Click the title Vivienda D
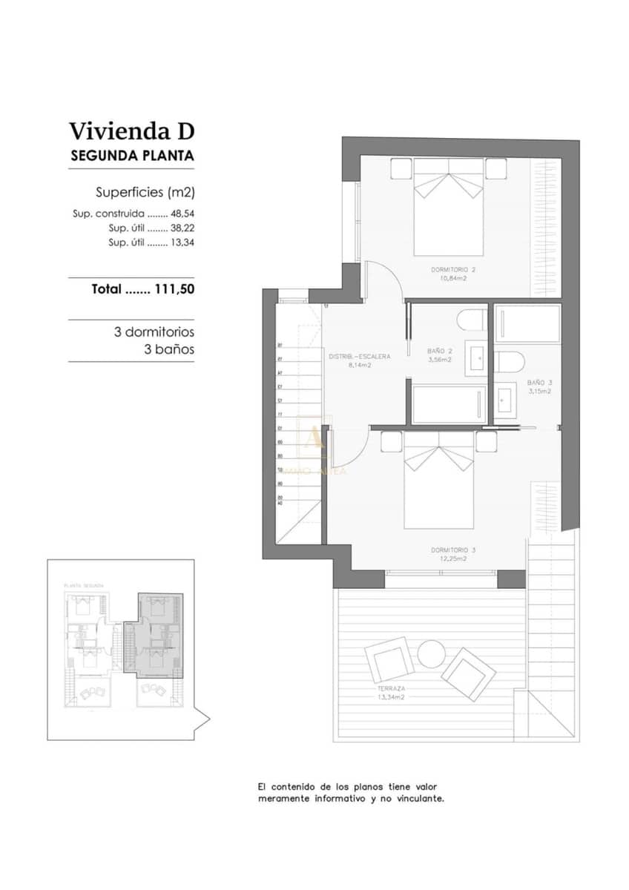click(131, 131)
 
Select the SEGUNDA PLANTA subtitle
click(131, 156)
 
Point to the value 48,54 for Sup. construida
click(182, 213)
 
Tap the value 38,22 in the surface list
click(182, 228)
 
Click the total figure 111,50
click(174, 290)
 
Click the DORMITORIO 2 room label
click(452, 269)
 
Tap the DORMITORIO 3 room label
click(452, 550)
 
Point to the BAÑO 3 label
click(539, 383)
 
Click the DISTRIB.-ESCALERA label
click(359, 356)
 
